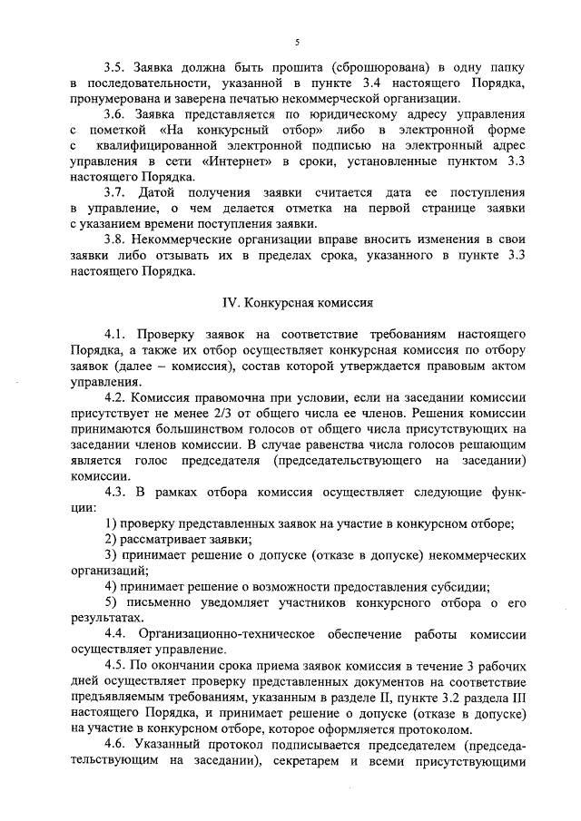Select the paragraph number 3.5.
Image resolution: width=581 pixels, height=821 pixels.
coord(113,67)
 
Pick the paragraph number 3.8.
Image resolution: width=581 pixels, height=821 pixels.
coord(113,239)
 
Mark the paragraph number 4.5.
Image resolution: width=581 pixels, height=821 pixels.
coord(113,664)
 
